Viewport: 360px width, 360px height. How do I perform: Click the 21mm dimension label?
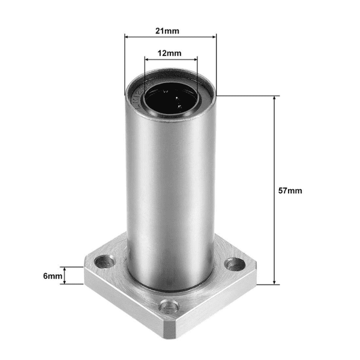(170, 29)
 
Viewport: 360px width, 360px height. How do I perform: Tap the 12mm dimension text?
(170, 53)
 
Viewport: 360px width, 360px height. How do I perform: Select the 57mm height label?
(290, 190)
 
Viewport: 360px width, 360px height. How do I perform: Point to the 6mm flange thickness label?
(52, 276)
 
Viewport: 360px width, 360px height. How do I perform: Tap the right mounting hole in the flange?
(232, 263)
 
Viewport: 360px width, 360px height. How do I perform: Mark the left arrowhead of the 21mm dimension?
(127, 36)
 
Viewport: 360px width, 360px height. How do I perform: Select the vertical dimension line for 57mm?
(275, 150)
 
